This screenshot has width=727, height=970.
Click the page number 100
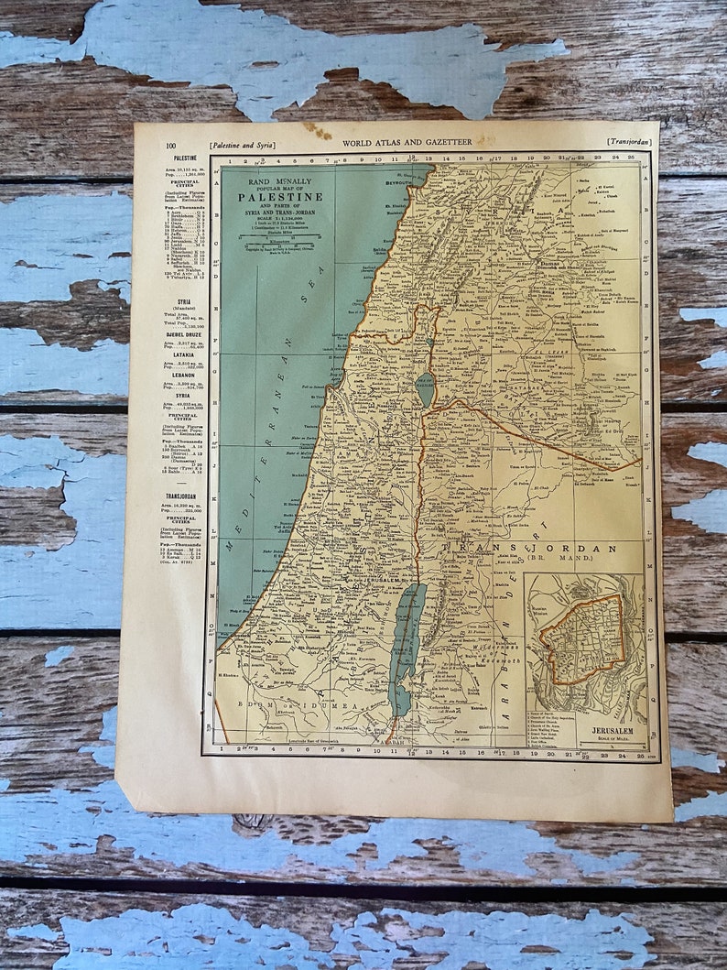[170, 144]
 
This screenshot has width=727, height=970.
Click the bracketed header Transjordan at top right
[628, 142]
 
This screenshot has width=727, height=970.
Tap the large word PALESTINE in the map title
[280, 196]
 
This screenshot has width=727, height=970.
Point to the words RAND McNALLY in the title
[280, 181]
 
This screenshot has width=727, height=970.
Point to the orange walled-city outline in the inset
[581, 638]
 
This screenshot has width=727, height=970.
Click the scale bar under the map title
[280, 236]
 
